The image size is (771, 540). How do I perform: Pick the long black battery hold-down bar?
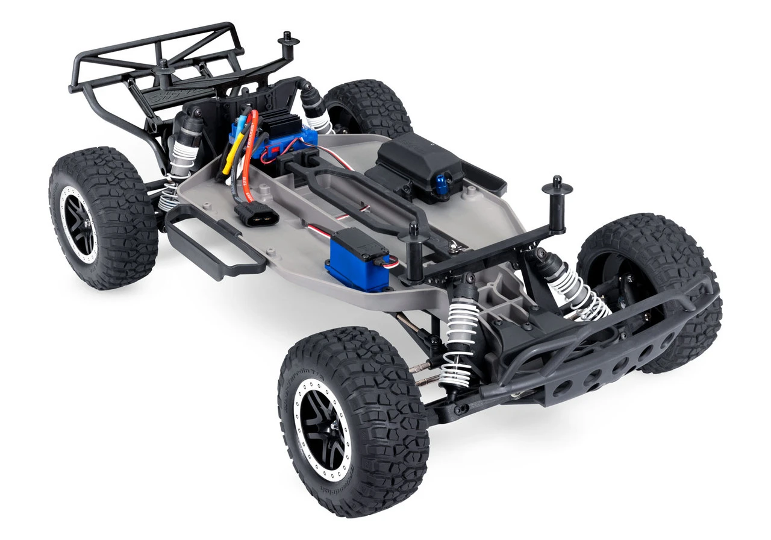[x=361, y=193]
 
